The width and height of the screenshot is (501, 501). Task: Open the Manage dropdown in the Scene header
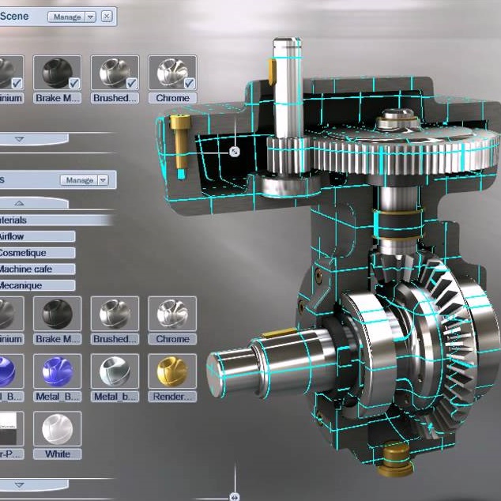pyautogui.click(x=72, y=16)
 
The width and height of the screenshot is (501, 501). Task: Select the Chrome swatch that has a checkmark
pyautogui.click(x=172, y=73)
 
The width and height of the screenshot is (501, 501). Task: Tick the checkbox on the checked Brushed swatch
pyautogui.click(x=132, y=82)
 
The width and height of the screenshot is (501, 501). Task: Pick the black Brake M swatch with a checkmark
pyautogui.click(x=58, y=73)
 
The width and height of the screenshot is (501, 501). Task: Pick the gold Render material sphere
pyautogui.click(x=172, y=371)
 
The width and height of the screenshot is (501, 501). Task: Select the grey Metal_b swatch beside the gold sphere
pyautogui.click(x=115, y=371)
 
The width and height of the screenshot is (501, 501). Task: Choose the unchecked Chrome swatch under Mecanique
pyautogui.click(x=172, y=314)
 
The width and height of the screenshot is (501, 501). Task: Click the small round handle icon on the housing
pyautogui.click(x=234, y=151)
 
